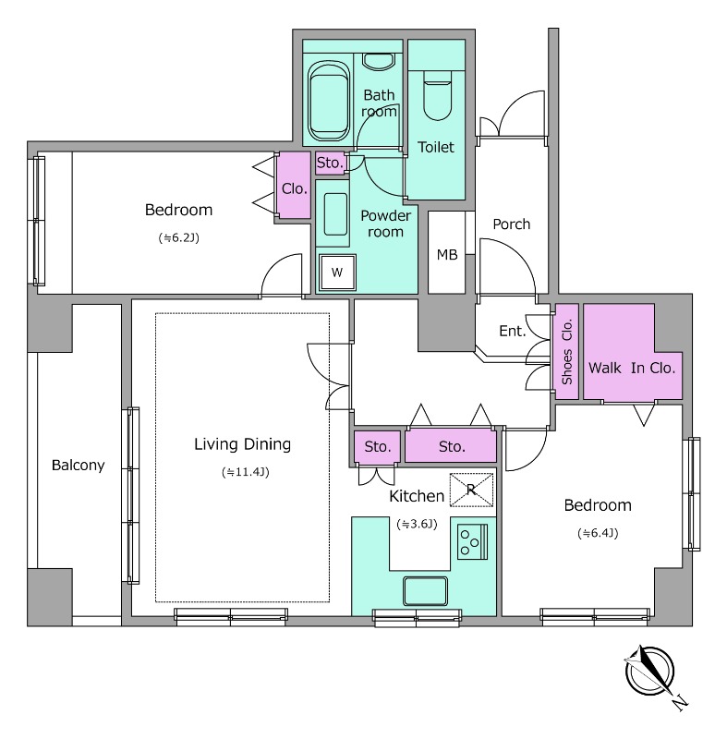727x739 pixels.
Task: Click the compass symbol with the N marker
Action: (650, 672)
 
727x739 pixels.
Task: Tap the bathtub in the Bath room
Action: (329, 101)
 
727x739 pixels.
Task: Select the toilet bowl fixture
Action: (438, 96)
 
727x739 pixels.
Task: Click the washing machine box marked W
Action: (337, 272)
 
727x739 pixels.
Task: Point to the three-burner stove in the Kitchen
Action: (473, 541)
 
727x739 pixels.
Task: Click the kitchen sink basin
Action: (425, 591)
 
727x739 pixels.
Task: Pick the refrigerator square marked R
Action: (471, 490)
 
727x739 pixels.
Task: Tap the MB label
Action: (447, 255)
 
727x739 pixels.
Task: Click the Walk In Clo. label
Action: (632, 368)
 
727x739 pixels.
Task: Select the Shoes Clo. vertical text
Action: (567, 352)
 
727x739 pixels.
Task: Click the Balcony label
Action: (79, 466)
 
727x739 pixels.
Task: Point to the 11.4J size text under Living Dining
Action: (246, 472)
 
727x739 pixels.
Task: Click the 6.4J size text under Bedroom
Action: (598, 533)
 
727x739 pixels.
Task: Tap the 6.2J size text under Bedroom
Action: (179, 238)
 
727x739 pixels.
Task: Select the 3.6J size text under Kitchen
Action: (417, 524)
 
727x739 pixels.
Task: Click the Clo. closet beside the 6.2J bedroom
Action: (294, 186)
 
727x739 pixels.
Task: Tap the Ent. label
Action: (512, 331)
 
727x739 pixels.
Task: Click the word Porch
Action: (512, 224)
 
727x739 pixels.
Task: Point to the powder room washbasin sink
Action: (335, 214)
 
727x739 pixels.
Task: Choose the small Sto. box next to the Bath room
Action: (330, 164)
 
